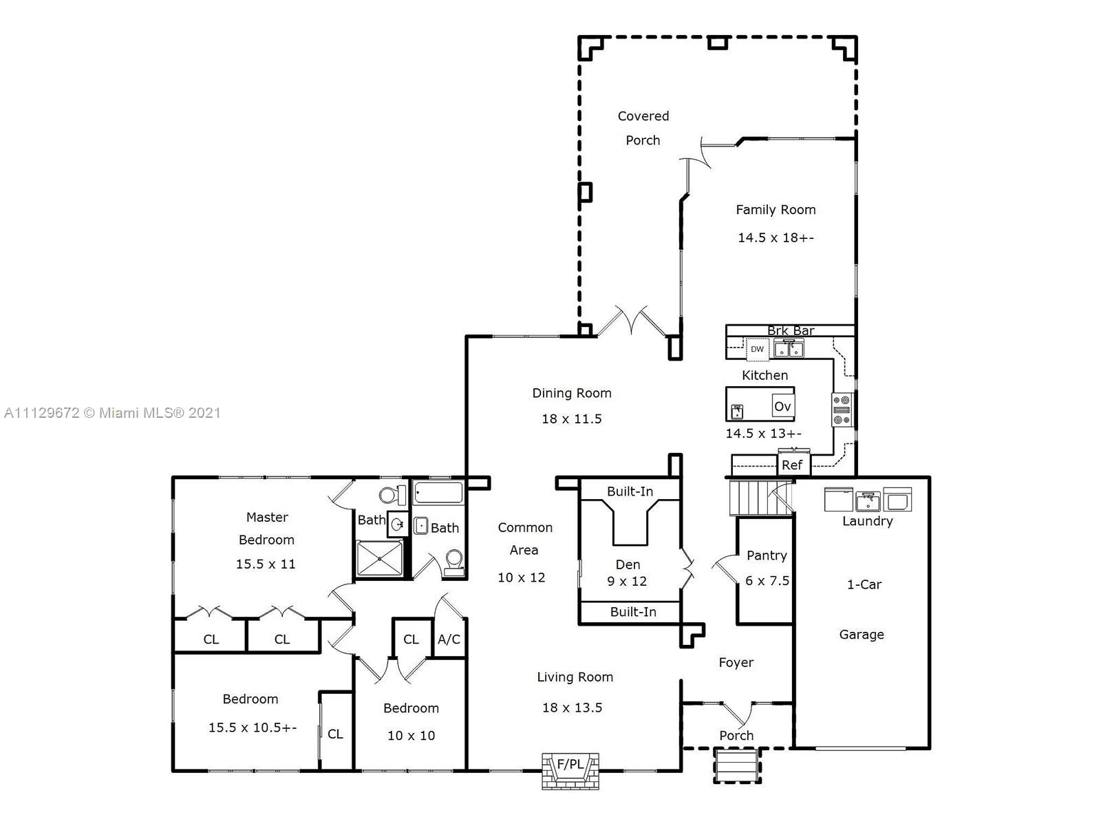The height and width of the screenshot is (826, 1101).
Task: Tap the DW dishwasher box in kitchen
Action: pos(757,349)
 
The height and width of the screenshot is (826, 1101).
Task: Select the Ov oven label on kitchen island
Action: pos(782,406)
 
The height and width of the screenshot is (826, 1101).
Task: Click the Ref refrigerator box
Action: pos(792,465)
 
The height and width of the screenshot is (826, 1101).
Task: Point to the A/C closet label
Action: pos(449,639)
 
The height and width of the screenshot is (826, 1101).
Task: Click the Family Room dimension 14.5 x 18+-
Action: pos(776,237)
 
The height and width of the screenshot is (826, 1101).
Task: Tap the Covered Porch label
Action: pos(643,128)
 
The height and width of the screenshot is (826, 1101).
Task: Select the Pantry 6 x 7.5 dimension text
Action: pos(767,580)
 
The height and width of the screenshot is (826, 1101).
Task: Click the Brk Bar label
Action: pos(791,330)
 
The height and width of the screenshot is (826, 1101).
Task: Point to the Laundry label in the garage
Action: pos(867,521)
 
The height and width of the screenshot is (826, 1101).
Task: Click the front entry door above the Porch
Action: pos(737,712)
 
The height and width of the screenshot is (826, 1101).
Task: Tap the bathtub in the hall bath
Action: pos(438,493)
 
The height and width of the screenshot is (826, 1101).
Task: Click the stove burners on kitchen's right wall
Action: pos(842,410)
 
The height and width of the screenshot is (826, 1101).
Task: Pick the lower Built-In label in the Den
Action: pos(633,611)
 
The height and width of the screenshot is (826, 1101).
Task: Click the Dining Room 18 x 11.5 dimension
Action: pos(571,419)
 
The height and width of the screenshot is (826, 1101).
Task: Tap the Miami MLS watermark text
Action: pos(112,413)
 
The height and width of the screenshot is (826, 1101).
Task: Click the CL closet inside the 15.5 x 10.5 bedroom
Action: pos(335,734)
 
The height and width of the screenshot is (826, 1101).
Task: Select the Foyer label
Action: pos(736,662)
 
